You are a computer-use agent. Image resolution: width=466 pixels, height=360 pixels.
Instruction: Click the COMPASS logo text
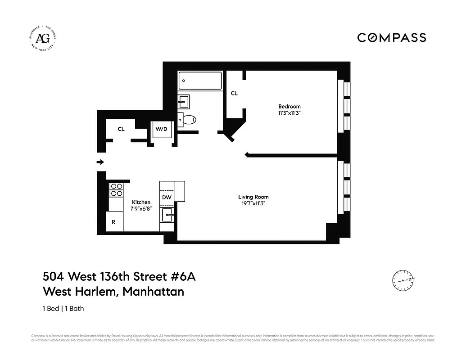tap(391, 37)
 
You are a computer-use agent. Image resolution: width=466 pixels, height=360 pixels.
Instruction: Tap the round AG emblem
tap(43, 38)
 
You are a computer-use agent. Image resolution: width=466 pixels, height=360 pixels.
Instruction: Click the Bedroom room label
tap(289, 107)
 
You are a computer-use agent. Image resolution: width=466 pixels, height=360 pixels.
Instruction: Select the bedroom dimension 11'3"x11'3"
tap(289, 113)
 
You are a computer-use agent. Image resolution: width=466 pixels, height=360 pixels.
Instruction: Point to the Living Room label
tap(253, 197)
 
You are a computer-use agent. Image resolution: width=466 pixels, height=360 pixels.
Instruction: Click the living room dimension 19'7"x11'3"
tap(253, 203)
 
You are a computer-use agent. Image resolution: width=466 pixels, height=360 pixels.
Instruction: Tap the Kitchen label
tap(141, 202)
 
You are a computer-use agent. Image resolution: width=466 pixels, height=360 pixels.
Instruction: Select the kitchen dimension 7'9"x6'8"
tap(141, 209)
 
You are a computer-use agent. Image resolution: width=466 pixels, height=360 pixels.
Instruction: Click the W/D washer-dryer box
tap(161, 130)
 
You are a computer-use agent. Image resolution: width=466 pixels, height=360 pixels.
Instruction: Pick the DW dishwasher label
tap(166, 197)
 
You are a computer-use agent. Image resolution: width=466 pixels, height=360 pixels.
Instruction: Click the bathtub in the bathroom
tap(200, 81)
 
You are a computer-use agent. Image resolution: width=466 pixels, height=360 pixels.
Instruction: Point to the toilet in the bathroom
tap(188, 120)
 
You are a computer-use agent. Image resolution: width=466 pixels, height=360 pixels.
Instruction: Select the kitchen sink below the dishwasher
tap(167, 215)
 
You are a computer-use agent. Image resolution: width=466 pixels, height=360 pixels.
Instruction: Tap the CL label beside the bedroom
tap(234, 93)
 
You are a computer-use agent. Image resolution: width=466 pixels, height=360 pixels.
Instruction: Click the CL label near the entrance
tap(121, 129)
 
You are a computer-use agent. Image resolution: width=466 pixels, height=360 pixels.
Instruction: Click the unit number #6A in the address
tap(183, 276)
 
